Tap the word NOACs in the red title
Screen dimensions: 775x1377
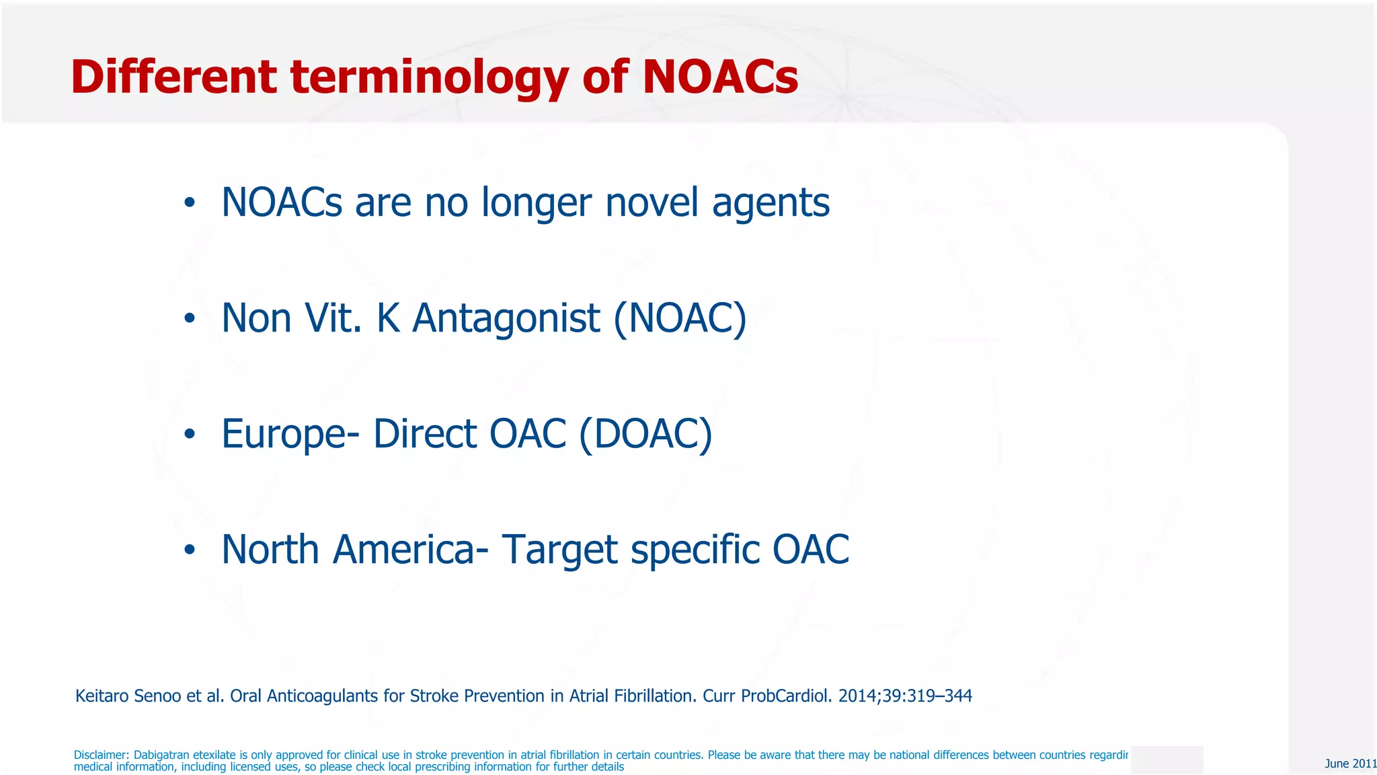[x=720, y=77]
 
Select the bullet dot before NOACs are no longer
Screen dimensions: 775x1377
[x=190, y=202]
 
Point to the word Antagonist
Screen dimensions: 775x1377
[x=506, y=318]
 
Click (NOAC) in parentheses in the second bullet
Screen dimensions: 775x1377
[x=680, y=318]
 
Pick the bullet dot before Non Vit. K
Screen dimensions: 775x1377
[x=190, y=318]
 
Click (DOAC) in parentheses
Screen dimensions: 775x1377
[x=645, y=434]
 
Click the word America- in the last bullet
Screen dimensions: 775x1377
[x=411, y=550]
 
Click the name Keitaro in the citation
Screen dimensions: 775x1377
[x=102, y=696]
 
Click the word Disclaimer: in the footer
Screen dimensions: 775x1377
[x=101, y=755]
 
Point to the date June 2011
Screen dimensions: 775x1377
[x=1350, y=764]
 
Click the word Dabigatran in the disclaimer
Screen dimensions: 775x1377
[x=161, y=755]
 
